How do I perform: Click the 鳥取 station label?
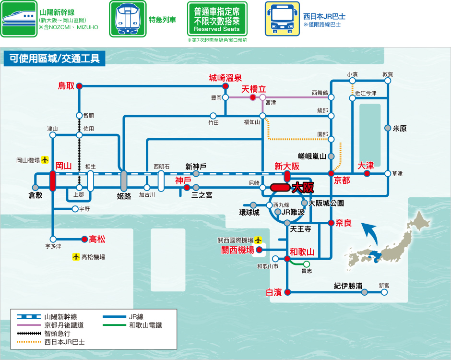[66, 86]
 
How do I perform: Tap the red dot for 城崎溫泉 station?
[225, 86]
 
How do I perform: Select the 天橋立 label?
[253, 89]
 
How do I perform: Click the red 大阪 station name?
[303, 187]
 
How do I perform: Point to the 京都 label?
[342, 180]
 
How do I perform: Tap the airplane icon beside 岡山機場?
[45, 159]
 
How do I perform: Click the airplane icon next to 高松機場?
[76, 257]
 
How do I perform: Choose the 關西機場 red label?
[237, 250]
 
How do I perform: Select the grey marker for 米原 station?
[388, 128]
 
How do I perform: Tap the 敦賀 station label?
[388, 74]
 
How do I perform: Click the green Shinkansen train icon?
[19, 19]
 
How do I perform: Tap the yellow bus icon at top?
[282, 19]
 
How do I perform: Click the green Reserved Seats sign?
[217, 19]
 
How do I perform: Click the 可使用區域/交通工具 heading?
[54, 59]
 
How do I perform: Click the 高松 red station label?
[97, 239]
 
